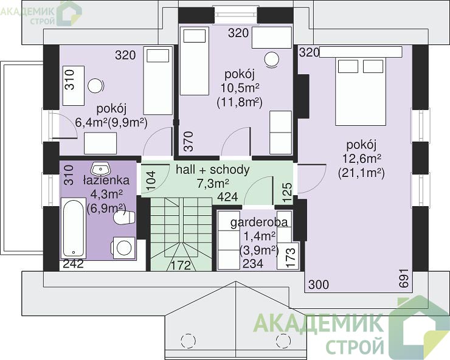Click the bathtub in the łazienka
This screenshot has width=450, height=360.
pos(74,228)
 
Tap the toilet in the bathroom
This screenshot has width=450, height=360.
pos(125,218)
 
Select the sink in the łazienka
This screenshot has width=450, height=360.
pos(100,170)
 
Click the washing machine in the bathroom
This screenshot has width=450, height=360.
pos(123,247)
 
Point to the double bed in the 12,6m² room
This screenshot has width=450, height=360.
pos(361,91)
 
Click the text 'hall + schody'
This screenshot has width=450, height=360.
pos(213,170)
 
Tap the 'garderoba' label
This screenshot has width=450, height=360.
pos(259,222)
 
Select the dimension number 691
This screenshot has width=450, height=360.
pos(404,278)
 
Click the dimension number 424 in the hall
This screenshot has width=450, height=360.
pos(227,197)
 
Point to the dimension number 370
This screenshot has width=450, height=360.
pos(189,141)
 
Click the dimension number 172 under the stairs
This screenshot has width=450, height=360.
pos(181,265)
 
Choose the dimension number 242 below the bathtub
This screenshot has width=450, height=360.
pos(74,263)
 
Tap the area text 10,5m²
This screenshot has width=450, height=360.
pos(240,88)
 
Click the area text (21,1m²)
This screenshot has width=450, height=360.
pos(361,173)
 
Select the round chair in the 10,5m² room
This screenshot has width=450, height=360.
pos(271,60)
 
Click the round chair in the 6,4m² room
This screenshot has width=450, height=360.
pos(95,86)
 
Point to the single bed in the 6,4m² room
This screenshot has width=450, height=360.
pos(158,81)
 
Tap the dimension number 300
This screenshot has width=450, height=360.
pos(319,285)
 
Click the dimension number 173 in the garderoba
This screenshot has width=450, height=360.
pos(291,257)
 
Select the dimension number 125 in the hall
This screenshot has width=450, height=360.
pos(287,192)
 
